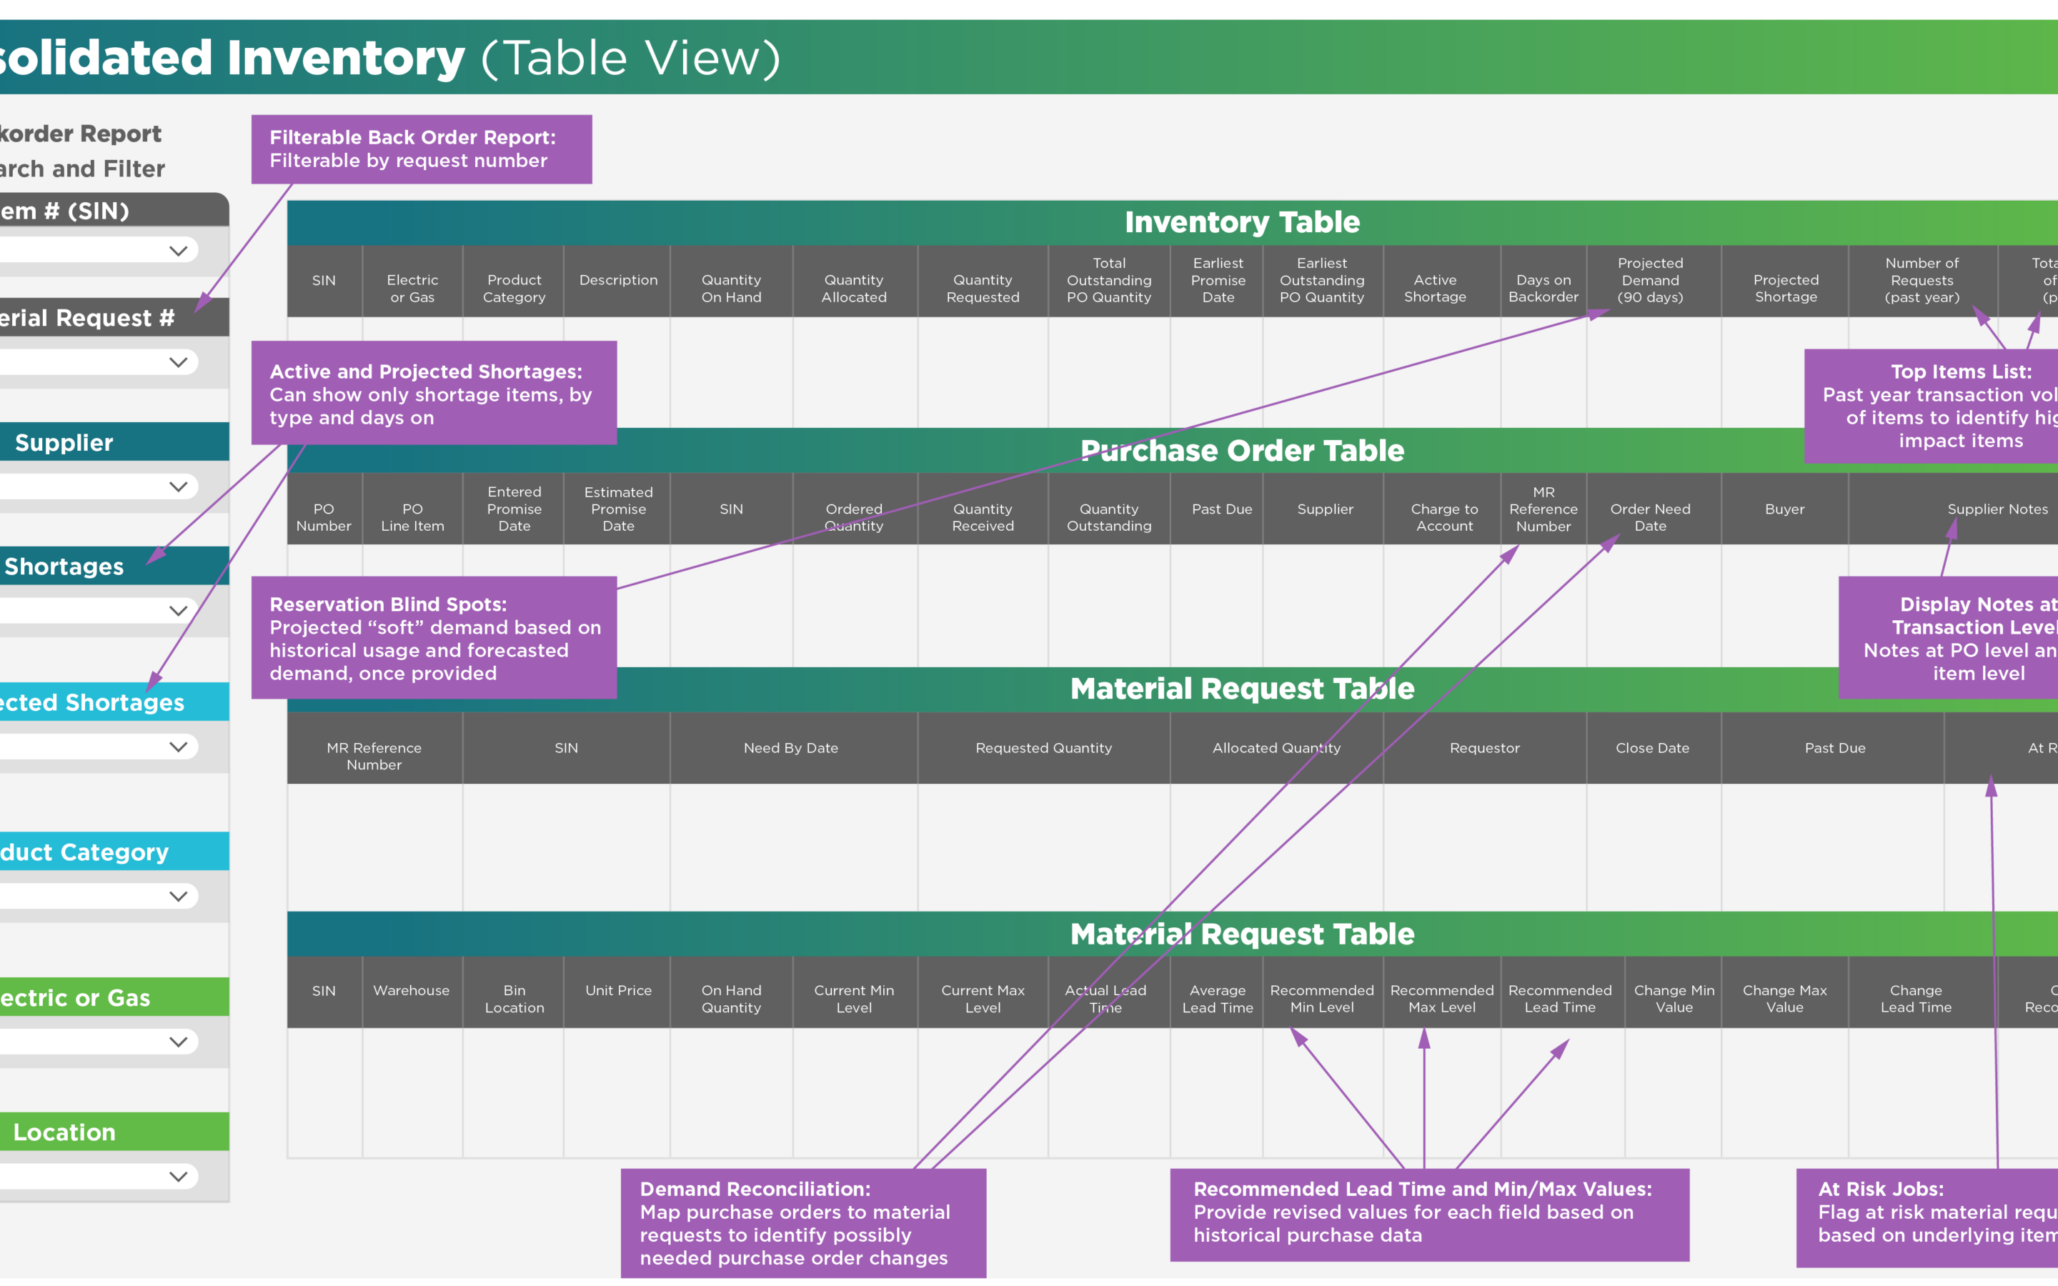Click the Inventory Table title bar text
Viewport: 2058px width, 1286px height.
[1242, 222]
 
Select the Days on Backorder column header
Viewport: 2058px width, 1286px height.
[1543, 289]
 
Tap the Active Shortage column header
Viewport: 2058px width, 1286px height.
[1435, 289]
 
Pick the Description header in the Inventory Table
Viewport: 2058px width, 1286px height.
[618, 280]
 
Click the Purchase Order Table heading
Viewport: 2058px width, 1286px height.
[1242, 450]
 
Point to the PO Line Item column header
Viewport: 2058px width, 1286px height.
[412, 517]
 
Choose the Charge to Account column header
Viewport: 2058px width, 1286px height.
[1444, 517]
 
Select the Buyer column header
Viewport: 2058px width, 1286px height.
[1784, 509]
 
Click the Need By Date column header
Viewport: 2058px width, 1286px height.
[791, 747]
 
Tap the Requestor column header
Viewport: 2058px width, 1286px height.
[1484, 747]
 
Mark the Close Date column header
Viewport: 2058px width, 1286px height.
[1652, 747]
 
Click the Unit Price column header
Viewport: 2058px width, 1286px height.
[618, 990]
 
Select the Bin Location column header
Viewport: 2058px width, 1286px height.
[514, 999]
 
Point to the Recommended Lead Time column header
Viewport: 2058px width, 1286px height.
[1560, 999]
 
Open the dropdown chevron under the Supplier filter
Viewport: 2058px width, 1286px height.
[178, 487]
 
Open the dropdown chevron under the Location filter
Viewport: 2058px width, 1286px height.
[178, 1176]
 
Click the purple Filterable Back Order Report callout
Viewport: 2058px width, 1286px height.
[421, 149]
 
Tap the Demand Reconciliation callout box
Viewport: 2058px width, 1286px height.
[802, 1222]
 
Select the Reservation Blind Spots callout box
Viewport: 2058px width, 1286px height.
[434, 638]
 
